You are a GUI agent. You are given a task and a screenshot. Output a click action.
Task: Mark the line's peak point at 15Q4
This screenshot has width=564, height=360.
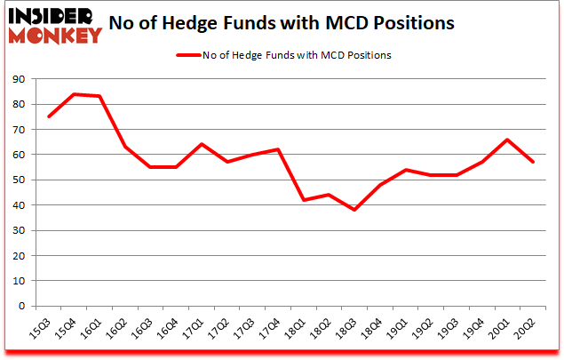[x=75, y=94]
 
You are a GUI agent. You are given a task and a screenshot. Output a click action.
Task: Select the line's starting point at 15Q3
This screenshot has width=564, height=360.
[x=49, y=116]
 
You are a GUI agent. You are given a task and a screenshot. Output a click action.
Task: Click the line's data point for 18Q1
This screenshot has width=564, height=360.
[x=305, y=200]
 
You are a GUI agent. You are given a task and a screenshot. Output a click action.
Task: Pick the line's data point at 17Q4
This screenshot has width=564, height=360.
[x=279, y=149]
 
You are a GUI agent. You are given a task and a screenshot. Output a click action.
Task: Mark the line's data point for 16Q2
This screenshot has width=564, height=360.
[x=125, y=147]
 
